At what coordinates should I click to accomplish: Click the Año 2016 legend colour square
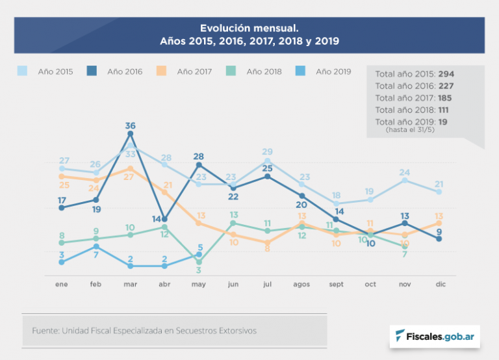(x=92, y=71)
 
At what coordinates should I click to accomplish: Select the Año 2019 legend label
(x=333, y=71)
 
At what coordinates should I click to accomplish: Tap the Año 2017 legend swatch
(x=162, y=71)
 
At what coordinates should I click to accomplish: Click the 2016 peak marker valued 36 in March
(x=131, y=134)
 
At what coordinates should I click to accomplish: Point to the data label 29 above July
(x=267, y=152)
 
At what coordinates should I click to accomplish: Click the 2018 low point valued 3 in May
(x=199, y=262)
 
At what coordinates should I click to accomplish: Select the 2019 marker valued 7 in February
(x=96, y=247)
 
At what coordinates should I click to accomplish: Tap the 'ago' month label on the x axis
(x=301, y=284)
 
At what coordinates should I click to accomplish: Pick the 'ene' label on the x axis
(x=62, y=284)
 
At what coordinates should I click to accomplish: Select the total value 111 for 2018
(x=443, y=110)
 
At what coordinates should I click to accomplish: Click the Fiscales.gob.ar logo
(x=435, y=336)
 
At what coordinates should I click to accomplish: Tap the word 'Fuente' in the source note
(x=45, y=331)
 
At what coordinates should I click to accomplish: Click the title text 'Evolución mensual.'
(x=249, y=29)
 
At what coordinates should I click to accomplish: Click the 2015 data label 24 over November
(x=404, y=172)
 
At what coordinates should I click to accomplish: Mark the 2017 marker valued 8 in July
(x=267, y=242)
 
